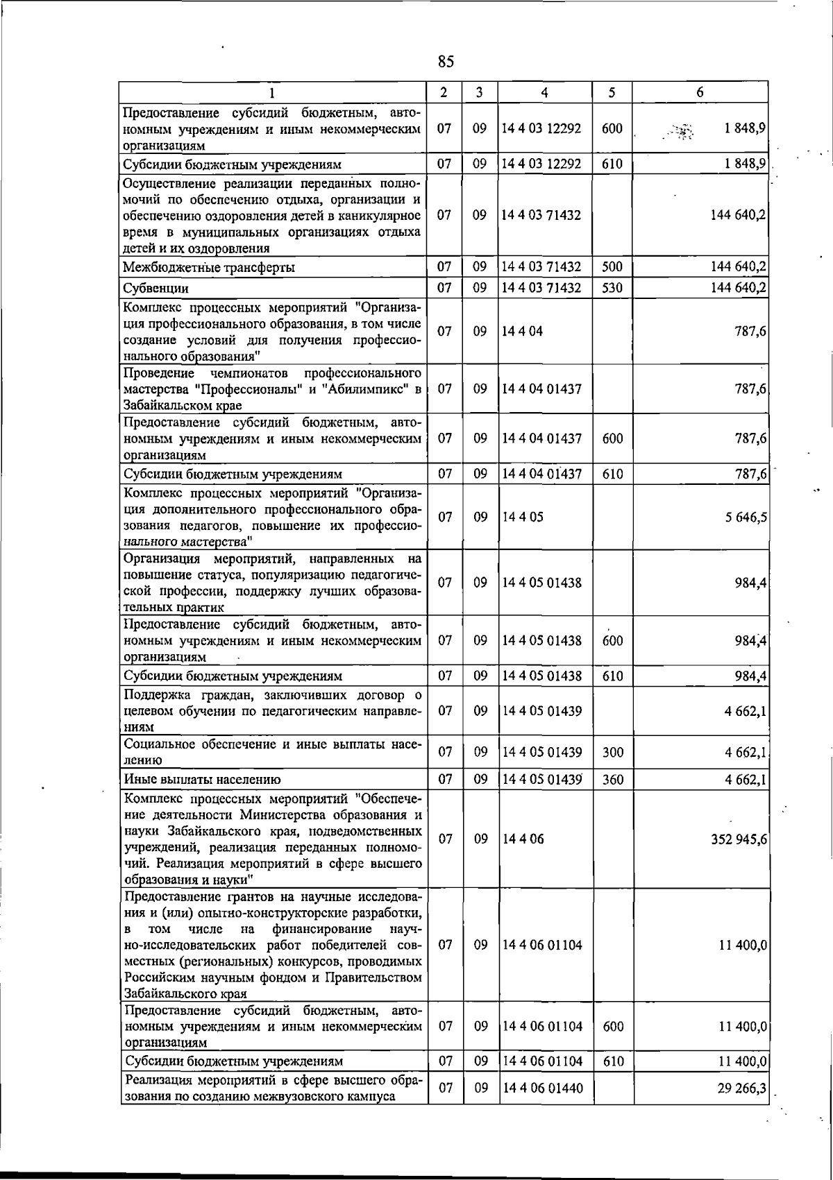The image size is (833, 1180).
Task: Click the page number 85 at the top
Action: click(446, 62)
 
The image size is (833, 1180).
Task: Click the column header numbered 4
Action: click(545, 92)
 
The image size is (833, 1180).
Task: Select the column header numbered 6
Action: click(700, 92)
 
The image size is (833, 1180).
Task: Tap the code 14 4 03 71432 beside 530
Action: click(541, 288)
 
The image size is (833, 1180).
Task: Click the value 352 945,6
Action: click(739, 839)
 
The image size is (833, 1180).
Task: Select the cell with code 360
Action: click(612, 780)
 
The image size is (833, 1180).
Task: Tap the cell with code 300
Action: click(612, 752)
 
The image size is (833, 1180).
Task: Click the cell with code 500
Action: click(612, 267)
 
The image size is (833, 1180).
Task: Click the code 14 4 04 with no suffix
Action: click(523, 332)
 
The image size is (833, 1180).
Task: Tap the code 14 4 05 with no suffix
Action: click(523, 518)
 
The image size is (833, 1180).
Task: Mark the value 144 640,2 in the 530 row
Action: click(739, 288)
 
